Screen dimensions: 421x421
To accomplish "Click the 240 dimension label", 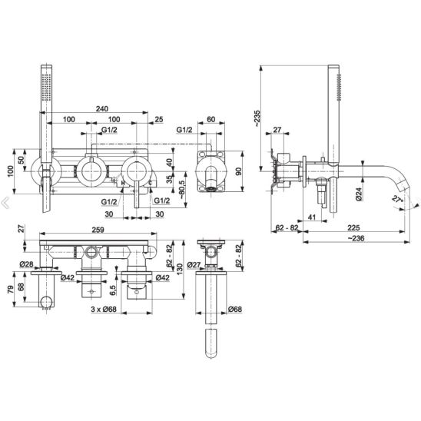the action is point(102,109).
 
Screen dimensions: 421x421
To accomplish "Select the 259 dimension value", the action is point(98,230).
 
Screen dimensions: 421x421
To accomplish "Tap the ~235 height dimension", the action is point(257,118).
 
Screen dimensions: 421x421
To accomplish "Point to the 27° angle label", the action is point(398,199).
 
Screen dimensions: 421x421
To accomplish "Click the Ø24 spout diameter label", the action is point(359,194).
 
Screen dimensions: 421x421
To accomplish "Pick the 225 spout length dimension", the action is point(353,228).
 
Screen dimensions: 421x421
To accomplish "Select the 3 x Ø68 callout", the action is point(104,310).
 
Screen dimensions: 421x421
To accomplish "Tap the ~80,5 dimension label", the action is point(182,189).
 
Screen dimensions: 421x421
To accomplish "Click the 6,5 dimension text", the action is point(112,290).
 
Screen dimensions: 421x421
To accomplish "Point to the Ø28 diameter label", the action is point(26,264).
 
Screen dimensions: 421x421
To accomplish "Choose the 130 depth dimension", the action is point(180,269).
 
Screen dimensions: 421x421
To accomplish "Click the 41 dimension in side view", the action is point(311,217).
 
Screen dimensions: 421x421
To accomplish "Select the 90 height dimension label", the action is point(238,171).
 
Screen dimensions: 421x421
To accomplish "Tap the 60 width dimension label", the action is point(211,119).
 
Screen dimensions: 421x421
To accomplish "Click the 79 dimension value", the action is point(11,290).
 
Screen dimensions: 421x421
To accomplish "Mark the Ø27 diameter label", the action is point(194,265).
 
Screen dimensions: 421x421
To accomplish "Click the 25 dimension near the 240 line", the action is point(159,119).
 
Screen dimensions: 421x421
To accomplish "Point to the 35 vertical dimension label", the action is point(169,179).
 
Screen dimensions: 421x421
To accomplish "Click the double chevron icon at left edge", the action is point(5,203).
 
